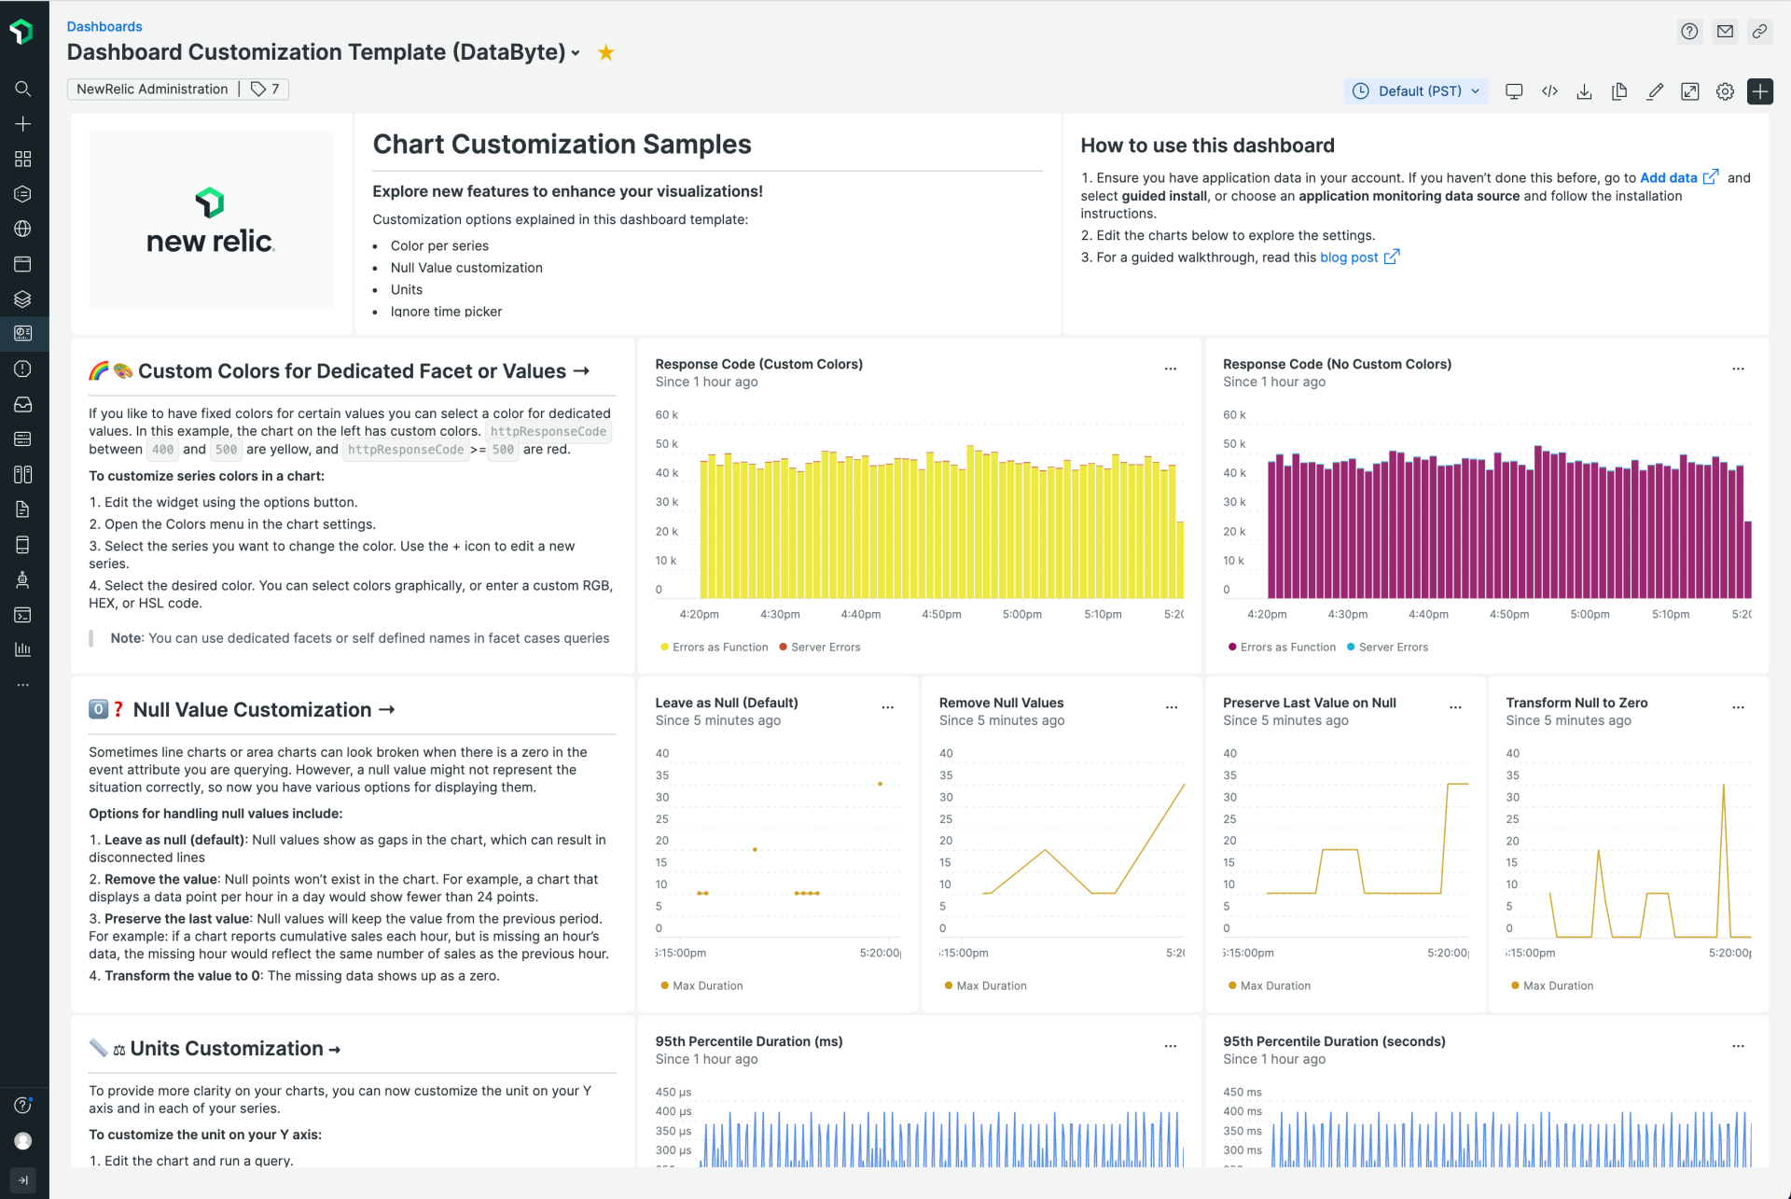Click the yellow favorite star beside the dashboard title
pyautogui.click(x=606, y=53)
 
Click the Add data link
pyautogui.click(x=1668, y=178)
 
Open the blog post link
pyautogui.click(x=1349, y=258)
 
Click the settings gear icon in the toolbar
pyautogui.click(x=1725, y=91)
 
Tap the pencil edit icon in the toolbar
pyautogui.click(x=1655, y=91)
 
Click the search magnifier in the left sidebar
pyautogui.click(x=23, y=89)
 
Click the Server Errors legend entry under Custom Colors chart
pyautogui.click(x=825, y=648)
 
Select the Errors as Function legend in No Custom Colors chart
pyautogui.click(x=1286, y=648)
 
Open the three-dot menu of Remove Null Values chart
pyautogui.click(x=1172, y=708)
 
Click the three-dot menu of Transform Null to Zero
pyautogui.click(x=1738, y=708)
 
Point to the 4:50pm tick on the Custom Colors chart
pyautogui.click(x=941, y=615)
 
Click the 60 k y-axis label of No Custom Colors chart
pyautogui.click(x=1234, y=415)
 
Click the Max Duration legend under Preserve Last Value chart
pyautogui.click(x=1274, y=986)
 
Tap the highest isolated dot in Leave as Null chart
pyautogui.click(x=880, y=784)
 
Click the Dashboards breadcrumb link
pyautogui.click(x=104, y=27)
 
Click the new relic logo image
pyautogui.click(x=211, y=220)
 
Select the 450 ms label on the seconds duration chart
pyautogui.click(x=1242, y=1093)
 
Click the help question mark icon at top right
pyautogui.click(x=1689, y=32)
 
